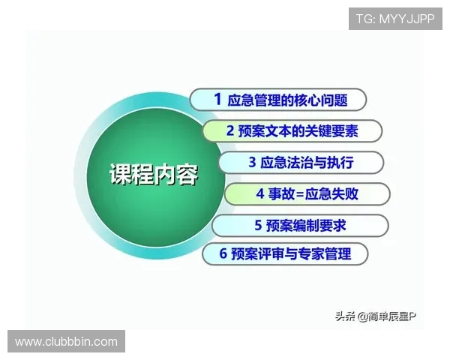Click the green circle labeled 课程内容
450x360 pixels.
coord(142,175)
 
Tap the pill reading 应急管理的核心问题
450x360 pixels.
coord(278,100)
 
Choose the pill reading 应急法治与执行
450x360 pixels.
coord(300,162)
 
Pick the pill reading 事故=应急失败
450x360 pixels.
coord(307,193)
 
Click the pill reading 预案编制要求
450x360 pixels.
coord(299,224)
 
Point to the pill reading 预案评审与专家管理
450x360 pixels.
coord(286,253)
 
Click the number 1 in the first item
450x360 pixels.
coord(217,99)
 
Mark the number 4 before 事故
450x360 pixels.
coord(259,193)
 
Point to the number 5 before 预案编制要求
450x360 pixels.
coord(257,224)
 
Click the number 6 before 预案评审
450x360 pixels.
coord(223,253)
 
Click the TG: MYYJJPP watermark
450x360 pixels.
coord(395,18)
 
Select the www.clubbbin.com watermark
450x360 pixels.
coord(66,342)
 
